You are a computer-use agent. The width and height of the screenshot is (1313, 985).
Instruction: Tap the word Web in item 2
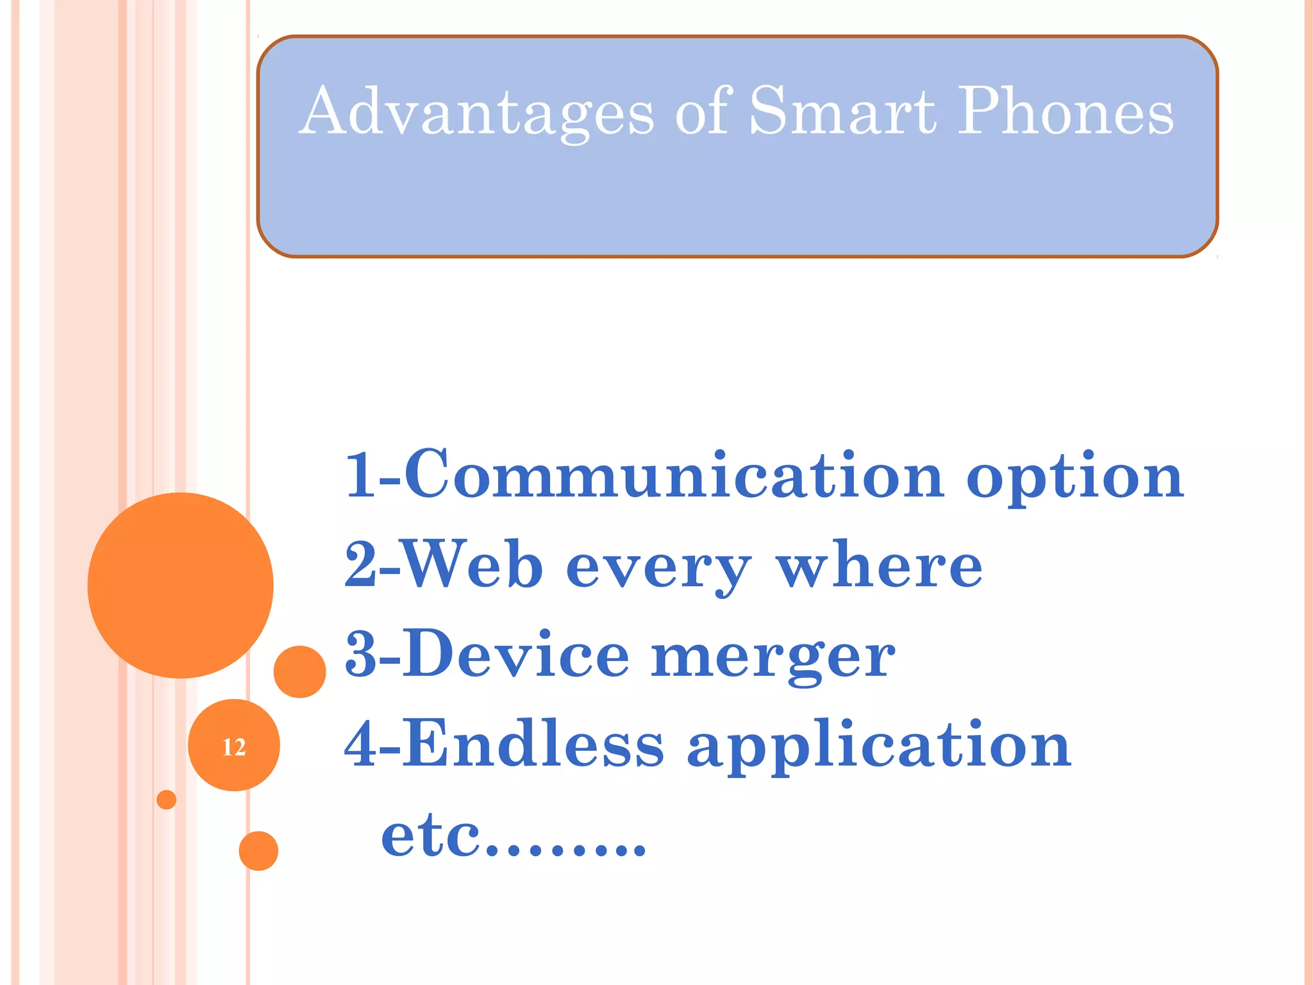point(471,564)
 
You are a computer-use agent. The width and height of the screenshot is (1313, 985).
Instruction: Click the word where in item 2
point(879,564)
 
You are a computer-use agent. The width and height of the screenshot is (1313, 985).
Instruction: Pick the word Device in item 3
point(516,654)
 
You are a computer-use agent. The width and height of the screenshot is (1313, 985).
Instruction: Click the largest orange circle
point(180,585)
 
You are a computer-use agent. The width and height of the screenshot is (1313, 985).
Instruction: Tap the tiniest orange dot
point(166,800)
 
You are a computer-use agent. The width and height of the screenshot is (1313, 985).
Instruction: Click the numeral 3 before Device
point(360,655)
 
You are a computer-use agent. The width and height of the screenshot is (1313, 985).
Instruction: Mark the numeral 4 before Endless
point(361,744)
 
